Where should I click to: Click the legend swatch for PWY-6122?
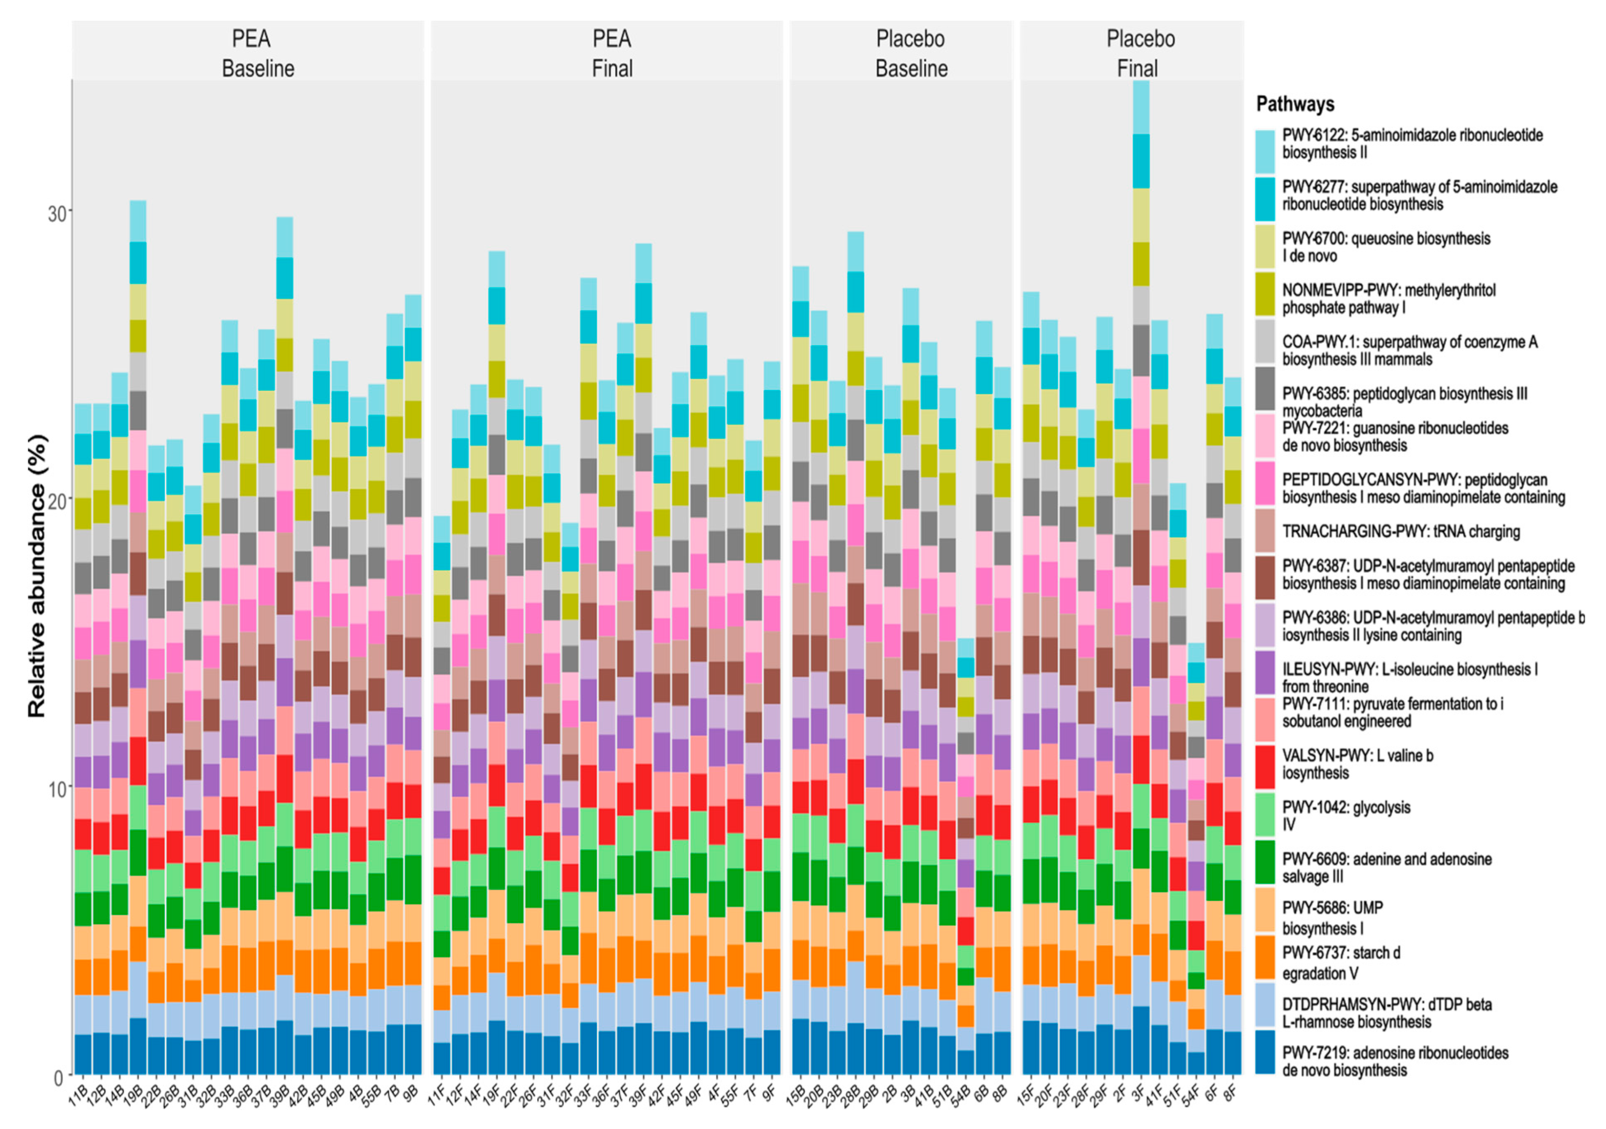click(1265, 151)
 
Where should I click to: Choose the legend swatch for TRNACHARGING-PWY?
click(1265, 531)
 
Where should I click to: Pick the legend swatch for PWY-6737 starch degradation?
click(1265, 958)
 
